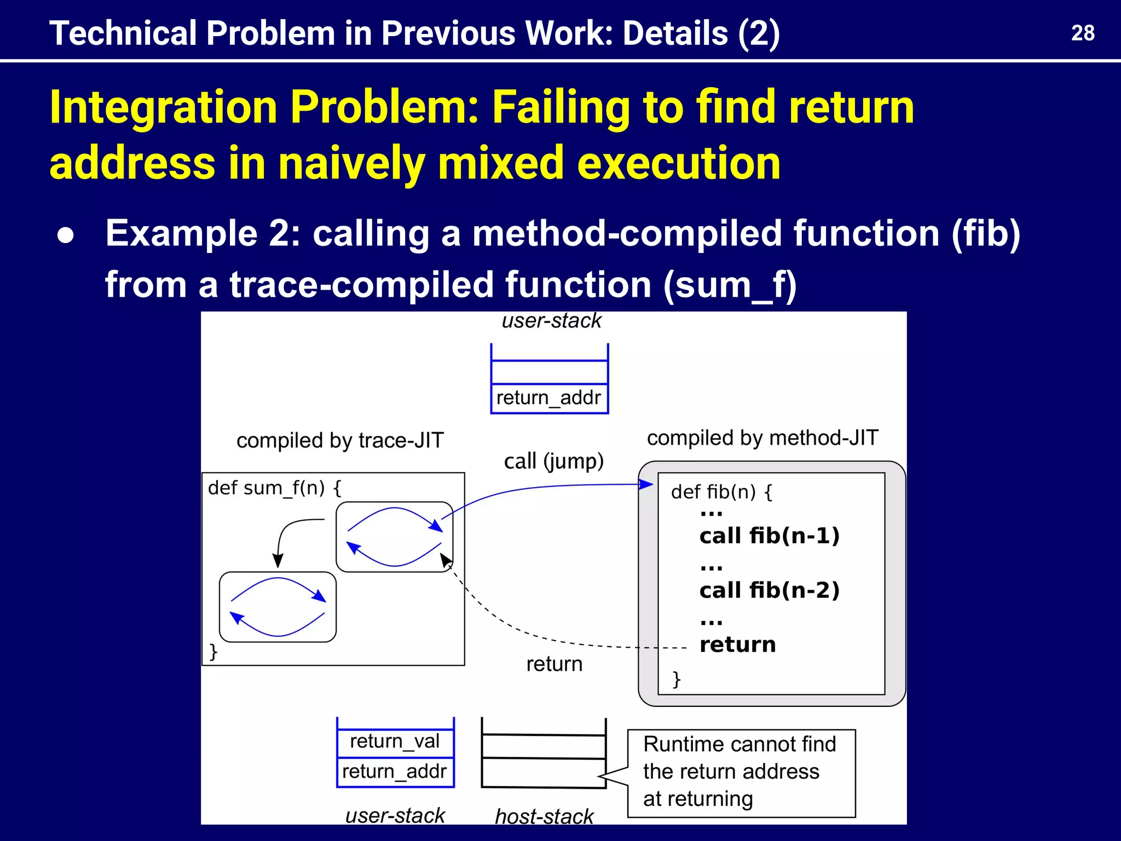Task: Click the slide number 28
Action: click(x=1082, y=33)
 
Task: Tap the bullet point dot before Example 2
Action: click(x=66, y=235)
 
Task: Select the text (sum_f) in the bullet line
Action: click(x=730, y=285)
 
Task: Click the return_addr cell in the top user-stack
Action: click(x=548, y=398)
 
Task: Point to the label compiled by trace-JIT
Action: click(x=340, y=441)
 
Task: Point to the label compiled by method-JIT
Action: click(x=762, y=438)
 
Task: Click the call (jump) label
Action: click(x=553, y=462)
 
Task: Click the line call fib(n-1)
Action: click(x=769, y=535)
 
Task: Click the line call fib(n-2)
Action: click(x=769, y=590)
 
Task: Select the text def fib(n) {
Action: click(x=721, y=492)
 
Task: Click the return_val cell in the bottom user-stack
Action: click(x=395, y=741)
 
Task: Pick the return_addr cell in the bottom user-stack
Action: click(x=395, y=771)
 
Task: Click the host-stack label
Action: click(x=544, y=816)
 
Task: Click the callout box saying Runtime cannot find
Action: click(x=741, y=772)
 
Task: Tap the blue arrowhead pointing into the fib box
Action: click(x=647, y=484)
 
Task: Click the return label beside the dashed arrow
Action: click(x=554, y=664)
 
